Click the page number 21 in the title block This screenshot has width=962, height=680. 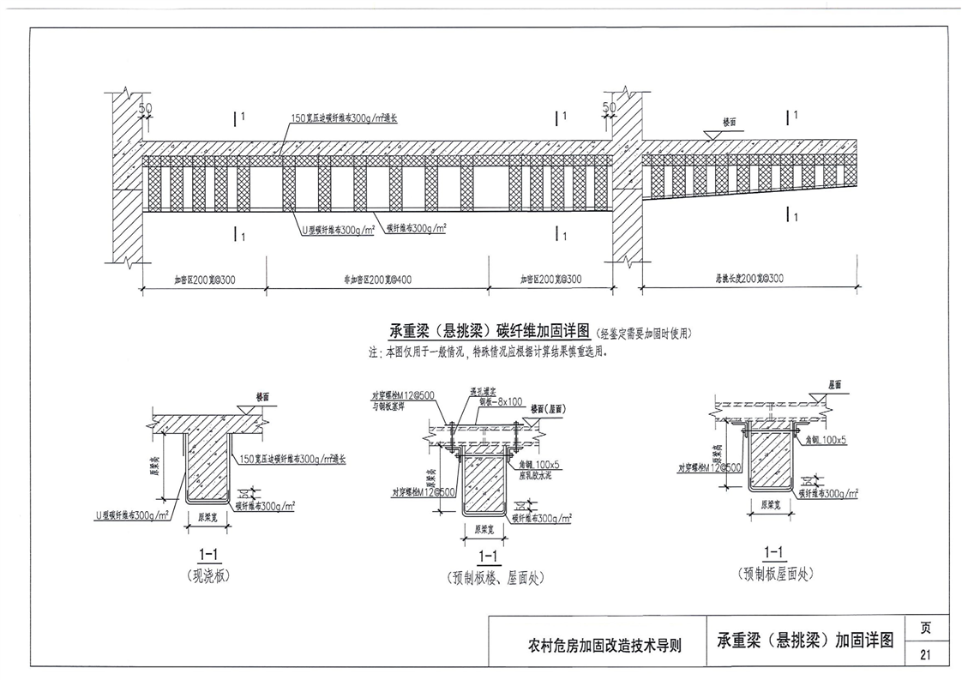point(925,655)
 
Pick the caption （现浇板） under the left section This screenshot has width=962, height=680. point(207,576)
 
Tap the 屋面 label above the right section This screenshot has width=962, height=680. point(835,384)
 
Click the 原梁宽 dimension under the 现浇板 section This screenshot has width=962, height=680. point(207,517)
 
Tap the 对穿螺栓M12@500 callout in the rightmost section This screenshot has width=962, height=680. point(709,467)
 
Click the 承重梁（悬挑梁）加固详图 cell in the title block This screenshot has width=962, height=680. point(807,640)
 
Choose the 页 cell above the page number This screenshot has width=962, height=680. point(925,628)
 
